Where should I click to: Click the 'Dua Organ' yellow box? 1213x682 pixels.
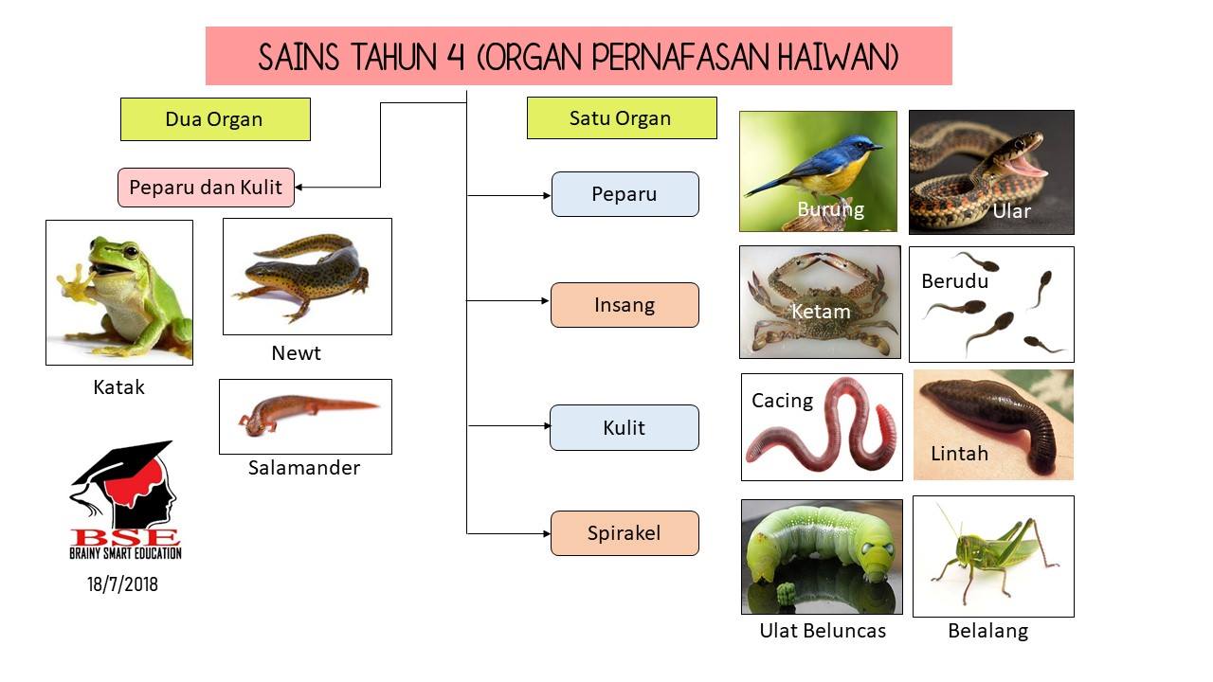pyautogui.click(x=215, y=119)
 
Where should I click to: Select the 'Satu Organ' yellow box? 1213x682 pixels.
pyautogui.click(x=622, y=118)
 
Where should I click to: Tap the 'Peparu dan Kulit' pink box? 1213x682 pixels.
pyautogui.click(x=206, y=188)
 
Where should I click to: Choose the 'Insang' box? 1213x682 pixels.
pyautogui.click(x=625, y=305)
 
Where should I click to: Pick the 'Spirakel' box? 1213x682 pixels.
pyautogui.click(x=625, y=533)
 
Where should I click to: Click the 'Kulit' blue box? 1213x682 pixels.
pyautogui.click(x=625, y=427)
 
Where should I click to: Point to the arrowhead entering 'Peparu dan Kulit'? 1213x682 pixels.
pyautogui.click(x=299, y=188)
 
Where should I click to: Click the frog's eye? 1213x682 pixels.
pyautogui.click(x=131, y=251)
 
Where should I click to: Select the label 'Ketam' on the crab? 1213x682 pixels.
pyautogui.click(x=821, y=312)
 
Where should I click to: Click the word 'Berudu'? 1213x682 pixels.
pyautogui.click(x=954, y=281)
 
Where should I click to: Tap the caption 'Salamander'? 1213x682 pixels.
pyautogui.click(x=304, y=468)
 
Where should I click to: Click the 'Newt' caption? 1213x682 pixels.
pyautogui.click(x=297, y=353)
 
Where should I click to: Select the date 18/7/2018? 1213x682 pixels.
pyautogui.click(x=123, y=584)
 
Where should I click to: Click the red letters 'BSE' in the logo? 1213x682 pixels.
pyautogui.click(x=125, y=537)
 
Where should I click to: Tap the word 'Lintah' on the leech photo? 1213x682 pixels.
pyautogui.click(x=960, y=454)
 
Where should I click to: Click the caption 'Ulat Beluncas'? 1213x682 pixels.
pyautogui.click(x=823, y=631)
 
